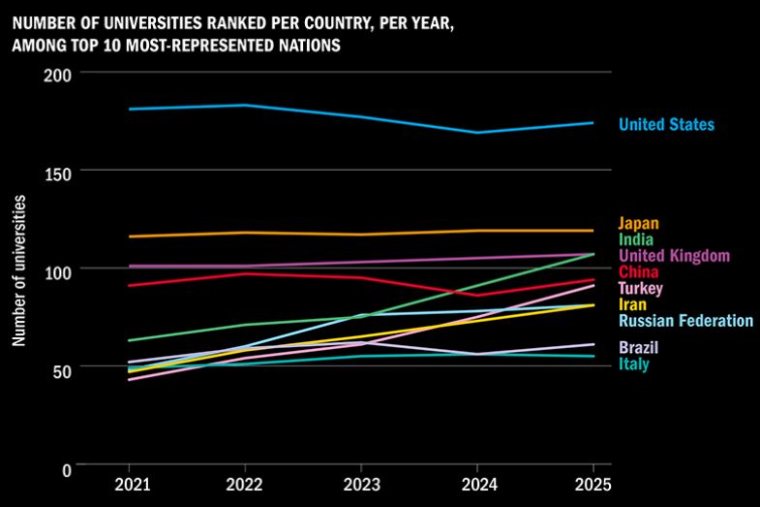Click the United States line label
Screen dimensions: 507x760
point(666,124)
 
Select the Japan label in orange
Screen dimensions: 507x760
point(638,224)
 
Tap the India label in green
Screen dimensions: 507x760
point(636,239)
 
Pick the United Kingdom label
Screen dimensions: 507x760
point(674,255)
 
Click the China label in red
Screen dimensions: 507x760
point(638,271)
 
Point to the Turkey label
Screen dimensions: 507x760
point(641,288)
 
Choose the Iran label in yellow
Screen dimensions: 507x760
point(633,304)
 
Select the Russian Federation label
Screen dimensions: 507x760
point(685,321)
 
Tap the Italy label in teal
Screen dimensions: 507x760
point(634,364)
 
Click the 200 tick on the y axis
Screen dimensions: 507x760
point(60,74)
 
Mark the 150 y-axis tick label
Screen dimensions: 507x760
point(60,172)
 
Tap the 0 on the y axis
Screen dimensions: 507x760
point(67,469)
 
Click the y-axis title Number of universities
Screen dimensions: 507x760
point(19,270)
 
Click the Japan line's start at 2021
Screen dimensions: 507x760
point(129,237)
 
